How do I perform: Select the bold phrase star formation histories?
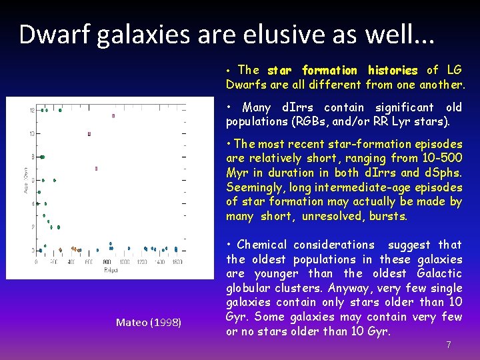pyautogui.click(x=342, y=70)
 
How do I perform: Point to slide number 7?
pyautogui.click(x=448, y=345)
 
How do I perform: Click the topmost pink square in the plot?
pyautogui.click(x=113, y=115)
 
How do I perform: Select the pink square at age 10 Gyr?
pyautogui.click(x=89, y=134)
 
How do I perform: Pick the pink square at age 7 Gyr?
pyautogui.click(x=96, y=169)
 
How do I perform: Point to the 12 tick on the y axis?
pyautogui.click(x=31, y=111)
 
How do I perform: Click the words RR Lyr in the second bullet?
pyautogui.click(x=396, y=121)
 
